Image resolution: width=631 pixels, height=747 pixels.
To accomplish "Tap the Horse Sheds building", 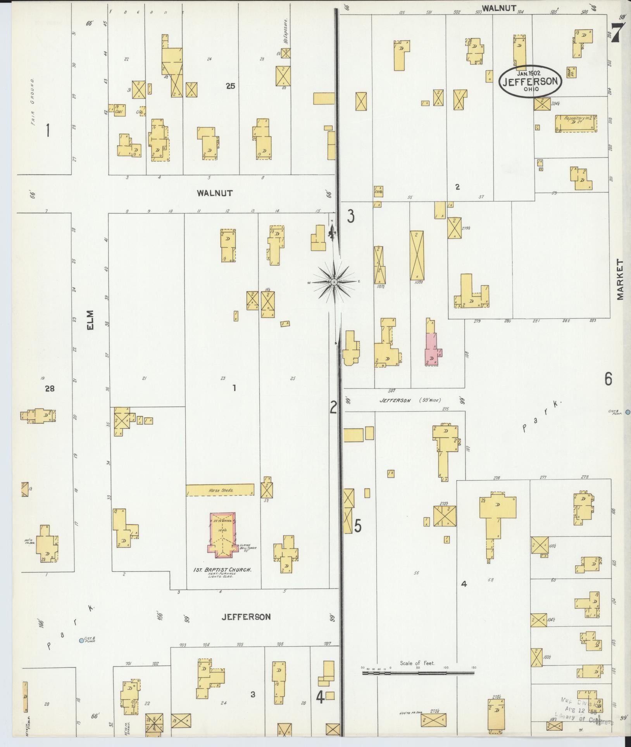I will [220, 490].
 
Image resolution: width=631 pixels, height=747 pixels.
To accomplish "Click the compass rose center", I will [334, 282].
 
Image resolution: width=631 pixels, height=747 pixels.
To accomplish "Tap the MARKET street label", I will [621, 280].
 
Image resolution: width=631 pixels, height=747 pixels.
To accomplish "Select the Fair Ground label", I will [33, 100].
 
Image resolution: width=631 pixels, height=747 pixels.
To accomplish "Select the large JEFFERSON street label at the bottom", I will [245, 616].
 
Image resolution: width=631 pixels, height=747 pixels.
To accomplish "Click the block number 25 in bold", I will [230, 86].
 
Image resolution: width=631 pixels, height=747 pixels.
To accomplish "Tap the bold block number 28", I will [50, 389].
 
